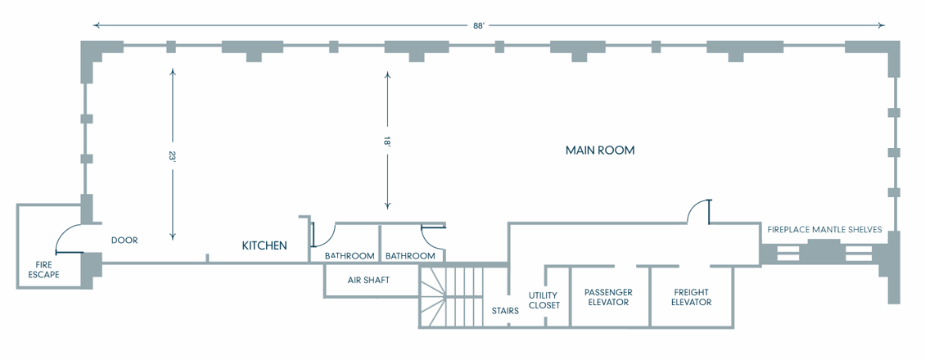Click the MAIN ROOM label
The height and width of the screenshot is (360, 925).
point(600,151)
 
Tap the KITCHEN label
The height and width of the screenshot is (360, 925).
point(264,245)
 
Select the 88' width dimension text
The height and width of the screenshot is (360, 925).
point(479,25)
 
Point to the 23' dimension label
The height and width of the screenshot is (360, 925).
point(172,155)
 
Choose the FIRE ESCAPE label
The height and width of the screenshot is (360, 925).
point(44,269)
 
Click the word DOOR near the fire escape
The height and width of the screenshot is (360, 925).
point(124,241)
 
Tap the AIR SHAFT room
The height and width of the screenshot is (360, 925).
point(368,280)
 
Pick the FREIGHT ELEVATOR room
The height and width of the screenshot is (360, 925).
point(691,297)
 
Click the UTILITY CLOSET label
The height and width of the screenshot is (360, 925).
point(544,300)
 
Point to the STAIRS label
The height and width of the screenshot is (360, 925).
point(505,311)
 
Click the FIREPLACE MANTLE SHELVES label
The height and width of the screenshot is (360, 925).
point(824,230)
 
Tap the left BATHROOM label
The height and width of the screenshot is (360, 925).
point(350,256)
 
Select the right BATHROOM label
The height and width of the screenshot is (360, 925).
point(410,256)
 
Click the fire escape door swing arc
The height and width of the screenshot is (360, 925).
point(65,238)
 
